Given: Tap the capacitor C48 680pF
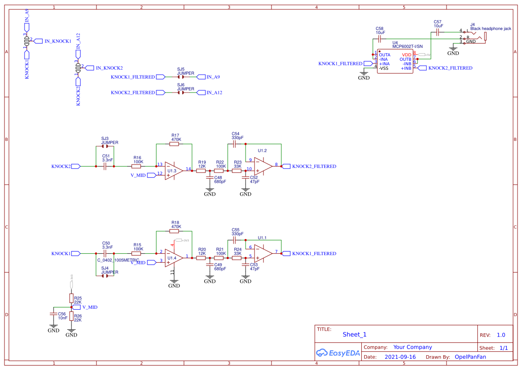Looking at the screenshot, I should (209, 178).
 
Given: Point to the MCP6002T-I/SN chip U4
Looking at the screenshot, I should (395, 61).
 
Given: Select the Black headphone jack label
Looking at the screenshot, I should (490, 29).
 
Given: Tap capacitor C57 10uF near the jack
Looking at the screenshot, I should (438, 32).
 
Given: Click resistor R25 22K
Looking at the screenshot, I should (71, 298).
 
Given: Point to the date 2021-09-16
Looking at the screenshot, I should (400, 357).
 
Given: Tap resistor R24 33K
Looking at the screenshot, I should (237, 258).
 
